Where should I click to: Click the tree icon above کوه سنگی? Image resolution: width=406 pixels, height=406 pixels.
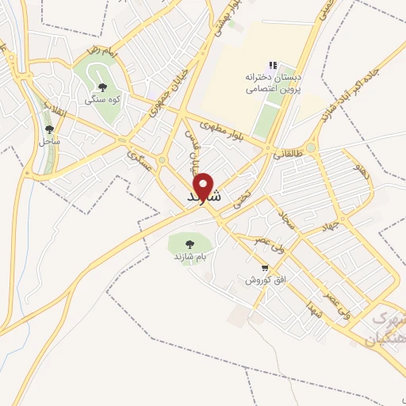tap(101, 88)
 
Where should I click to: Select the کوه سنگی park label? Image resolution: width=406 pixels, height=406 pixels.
tap(101, 101)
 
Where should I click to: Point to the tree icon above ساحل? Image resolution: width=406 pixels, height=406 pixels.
tap(49, 129)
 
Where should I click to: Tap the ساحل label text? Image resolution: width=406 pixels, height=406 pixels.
tap(49, 141)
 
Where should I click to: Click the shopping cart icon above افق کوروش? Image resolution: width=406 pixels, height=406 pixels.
tap(265, 268)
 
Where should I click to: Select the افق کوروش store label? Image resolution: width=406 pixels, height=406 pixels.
tap(259, 281)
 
